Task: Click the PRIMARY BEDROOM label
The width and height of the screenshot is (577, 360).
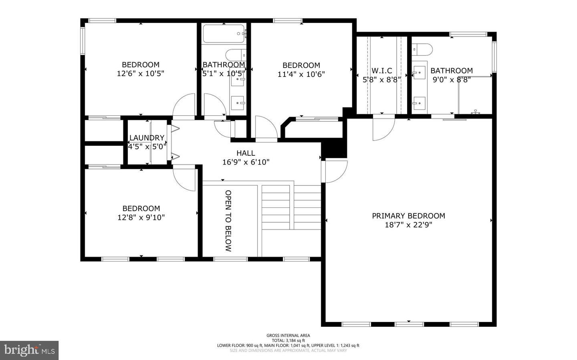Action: [x=408, y=216]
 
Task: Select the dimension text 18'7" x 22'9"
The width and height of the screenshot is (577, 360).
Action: [x=408, y=225]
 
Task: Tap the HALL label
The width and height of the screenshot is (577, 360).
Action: [x=246, y=153]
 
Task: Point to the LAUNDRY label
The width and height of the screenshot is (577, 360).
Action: [x=147, y=138]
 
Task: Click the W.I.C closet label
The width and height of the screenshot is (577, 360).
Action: [x=381, y=71]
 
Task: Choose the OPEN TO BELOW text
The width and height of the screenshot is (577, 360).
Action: [x=228, y=221]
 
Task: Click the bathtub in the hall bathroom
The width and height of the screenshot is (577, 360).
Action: [x=224, y=34]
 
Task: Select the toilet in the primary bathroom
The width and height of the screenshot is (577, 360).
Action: [x=423, y=49]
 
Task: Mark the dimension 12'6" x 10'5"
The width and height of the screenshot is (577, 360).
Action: [x=141, y=74]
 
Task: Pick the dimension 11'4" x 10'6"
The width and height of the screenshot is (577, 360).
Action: [x=301, y=74]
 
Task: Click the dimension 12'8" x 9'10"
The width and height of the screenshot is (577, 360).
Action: [x=141, y=217]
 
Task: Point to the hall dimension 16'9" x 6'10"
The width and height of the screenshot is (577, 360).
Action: [x=246, y=162]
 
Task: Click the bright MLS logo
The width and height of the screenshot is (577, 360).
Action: [x=29, y=350]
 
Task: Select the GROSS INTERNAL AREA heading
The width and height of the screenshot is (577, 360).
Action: [x=288, y=336]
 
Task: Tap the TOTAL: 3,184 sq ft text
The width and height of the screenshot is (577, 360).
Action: [x=288, y=340]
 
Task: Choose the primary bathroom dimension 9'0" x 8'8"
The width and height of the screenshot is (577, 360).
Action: [x=452, y=80]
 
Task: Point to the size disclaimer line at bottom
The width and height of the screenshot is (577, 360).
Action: [x=288, y=350]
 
